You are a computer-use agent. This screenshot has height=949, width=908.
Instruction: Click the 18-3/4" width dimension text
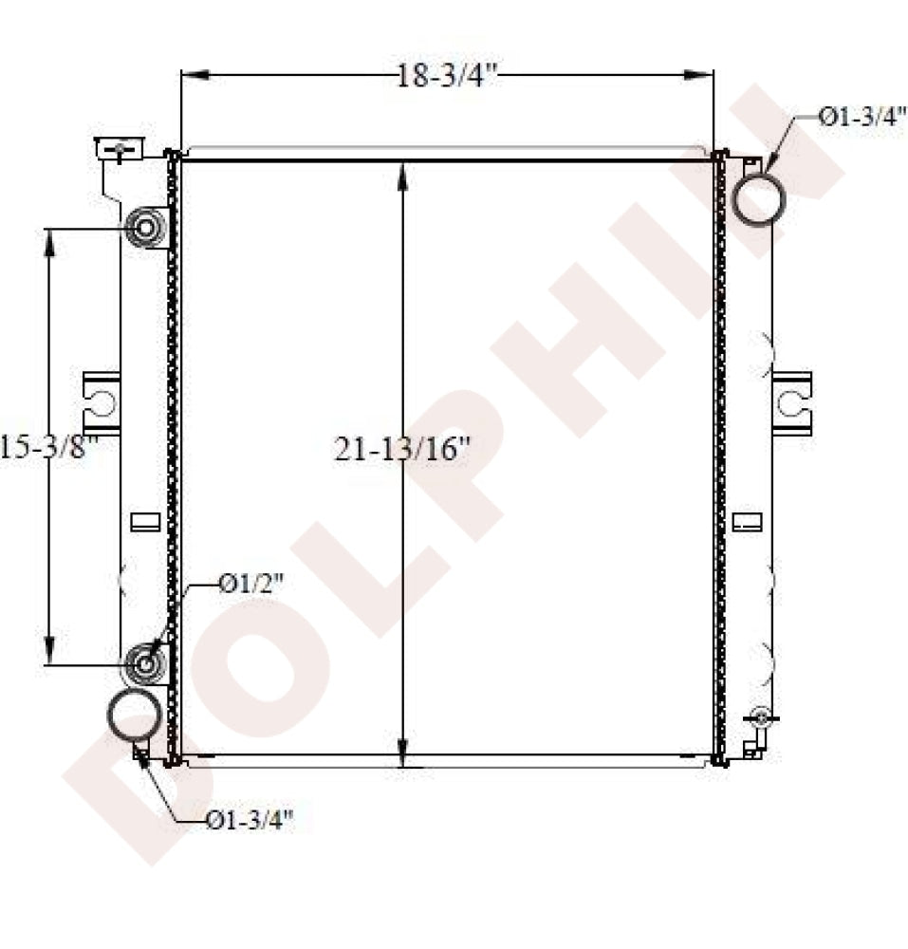click(x=447, y=76)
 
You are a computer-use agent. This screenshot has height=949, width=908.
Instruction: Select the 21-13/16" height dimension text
click(x=402, y=448)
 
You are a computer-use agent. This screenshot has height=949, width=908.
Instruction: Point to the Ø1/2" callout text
click(x=250, y=585)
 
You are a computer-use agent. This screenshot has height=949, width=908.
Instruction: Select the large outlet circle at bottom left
click(x=134, y=716)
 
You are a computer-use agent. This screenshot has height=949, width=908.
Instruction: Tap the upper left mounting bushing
click(x=146, y=228)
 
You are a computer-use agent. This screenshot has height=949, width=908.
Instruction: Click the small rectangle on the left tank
click(x=144, y=521)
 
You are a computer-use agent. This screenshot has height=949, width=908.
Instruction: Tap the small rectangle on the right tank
click(x=747, y=521)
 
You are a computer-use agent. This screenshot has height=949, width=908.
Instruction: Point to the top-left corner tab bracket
click(x=118, y=150)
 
